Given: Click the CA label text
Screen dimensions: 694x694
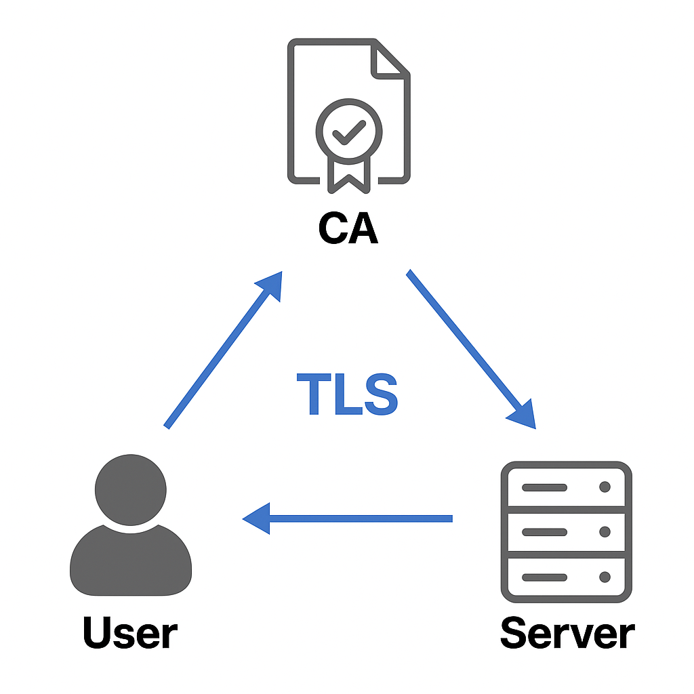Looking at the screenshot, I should pos(348,229).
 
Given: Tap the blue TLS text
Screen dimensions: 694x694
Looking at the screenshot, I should pos(347,395).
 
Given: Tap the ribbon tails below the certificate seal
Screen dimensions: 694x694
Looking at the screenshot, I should pos(349,173).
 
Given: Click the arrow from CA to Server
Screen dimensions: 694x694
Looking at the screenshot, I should pos(470,348).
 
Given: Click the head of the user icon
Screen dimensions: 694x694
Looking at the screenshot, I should pos(130,489).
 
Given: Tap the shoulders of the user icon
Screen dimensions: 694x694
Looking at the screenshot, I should pos(130,563).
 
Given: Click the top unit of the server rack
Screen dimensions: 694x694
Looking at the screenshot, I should pos(566,487).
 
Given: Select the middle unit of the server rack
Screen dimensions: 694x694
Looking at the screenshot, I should pos(566,532).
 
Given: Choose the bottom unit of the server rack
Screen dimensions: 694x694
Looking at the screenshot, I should pos(566,577).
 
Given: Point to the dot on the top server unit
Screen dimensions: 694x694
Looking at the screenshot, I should pos(605,487).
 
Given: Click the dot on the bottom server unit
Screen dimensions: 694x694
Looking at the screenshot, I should pos(605,577).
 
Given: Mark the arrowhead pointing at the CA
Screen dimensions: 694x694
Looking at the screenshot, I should pos(270,285).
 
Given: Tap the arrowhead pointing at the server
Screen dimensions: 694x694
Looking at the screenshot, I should pos(523,415).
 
